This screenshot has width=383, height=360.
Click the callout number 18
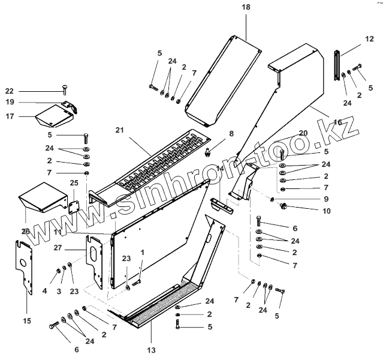tap(246, 7)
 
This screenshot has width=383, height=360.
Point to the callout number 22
tap(9, 91)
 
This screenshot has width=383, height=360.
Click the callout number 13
tap(151, 350)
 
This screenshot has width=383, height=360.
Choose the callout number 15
tap(26, 321)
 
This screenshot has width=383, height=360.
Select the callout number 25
tap(74, 182)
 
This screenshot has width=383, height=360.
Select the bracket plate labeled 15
tap(23, 266)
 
